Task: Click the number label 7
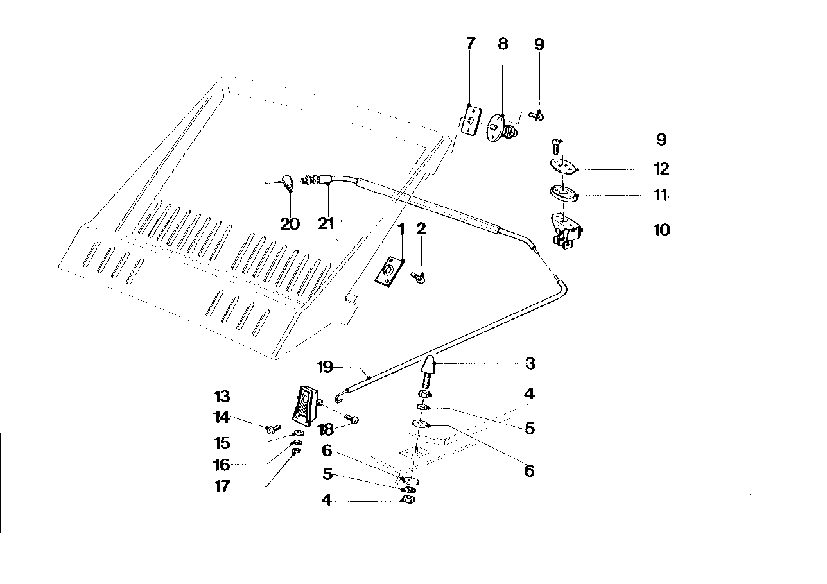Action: tap(471, 44)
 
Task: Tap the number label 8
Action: tap(503, 44)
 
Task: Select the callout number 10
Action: tap(661, 230)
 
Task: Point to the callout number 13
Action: tap(222, 397)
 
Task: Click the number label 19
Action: tap(326, 367)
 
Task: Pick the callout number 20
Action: tap(290, 224)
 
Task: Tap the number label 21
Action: tap(327, 224)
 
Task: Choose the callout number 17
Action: tap(222, 486)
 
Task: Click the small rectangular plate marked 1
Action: tap(389, 271)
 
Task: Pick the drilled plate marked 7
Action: tap(471, 121)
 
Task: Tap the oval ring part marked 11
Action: tap(563, 193)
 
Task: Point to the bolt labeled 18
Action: tap(351, 418)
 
